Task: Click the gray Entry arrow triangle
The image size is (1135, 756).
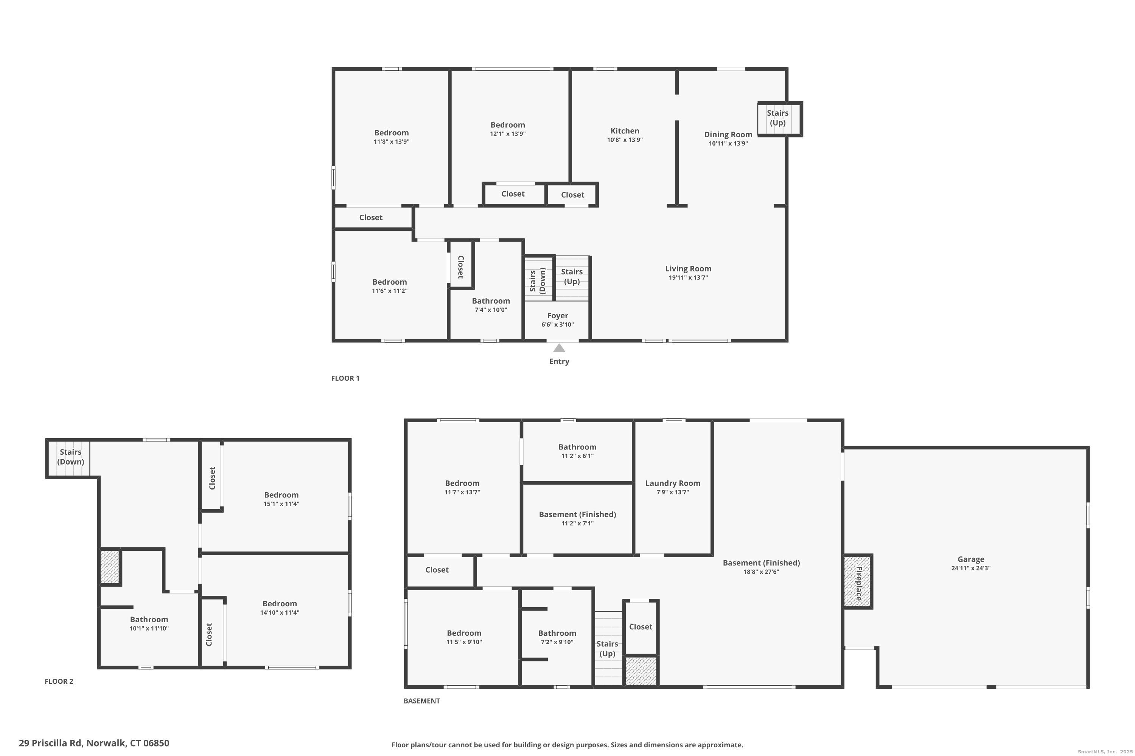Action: coord(559,348)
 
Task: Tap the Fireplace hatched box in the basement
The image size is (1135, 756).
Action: coord(858,581)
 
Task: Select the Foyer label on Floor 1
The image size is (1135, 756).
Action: coord(558,316)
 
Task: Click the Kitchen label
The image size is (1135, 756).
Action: coord(625,131)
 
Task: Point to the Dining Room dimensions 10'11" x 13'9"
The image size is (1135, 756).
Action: coord(728,143)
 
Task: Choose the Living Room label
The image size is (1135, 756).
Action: coord(688,268)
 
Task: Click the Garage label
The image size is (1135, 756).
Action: coord(971,559)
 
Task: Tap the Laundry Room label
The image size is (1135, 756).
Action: coord(673,483)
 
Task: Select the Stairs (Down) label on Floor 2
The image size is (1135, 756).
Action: coord(70,457)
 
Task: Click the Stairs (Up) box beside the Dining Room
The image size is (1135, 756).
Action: coord(780,119)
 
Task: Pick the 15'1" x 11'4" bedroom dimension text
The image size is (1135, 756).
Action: coord(281,504)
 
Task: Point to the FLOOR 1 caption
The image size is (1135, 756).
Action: coord(345,378)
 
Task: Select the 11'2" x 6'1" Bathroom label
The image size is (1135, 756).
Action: coord(578,451)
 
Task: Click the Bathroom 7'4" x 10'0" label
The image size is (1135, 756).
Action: coord(491,305)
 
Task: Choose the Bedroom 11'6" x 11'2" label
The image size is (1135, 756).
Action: coord(389,286)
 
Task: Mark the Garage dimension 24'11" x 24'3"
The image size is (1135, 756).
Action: coord(971,568)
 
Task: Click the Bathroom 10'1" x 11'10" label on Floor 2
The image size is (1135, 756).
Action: coord(149,623)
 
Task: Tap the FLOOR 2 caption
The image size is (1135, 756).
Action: coord(59,681)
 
